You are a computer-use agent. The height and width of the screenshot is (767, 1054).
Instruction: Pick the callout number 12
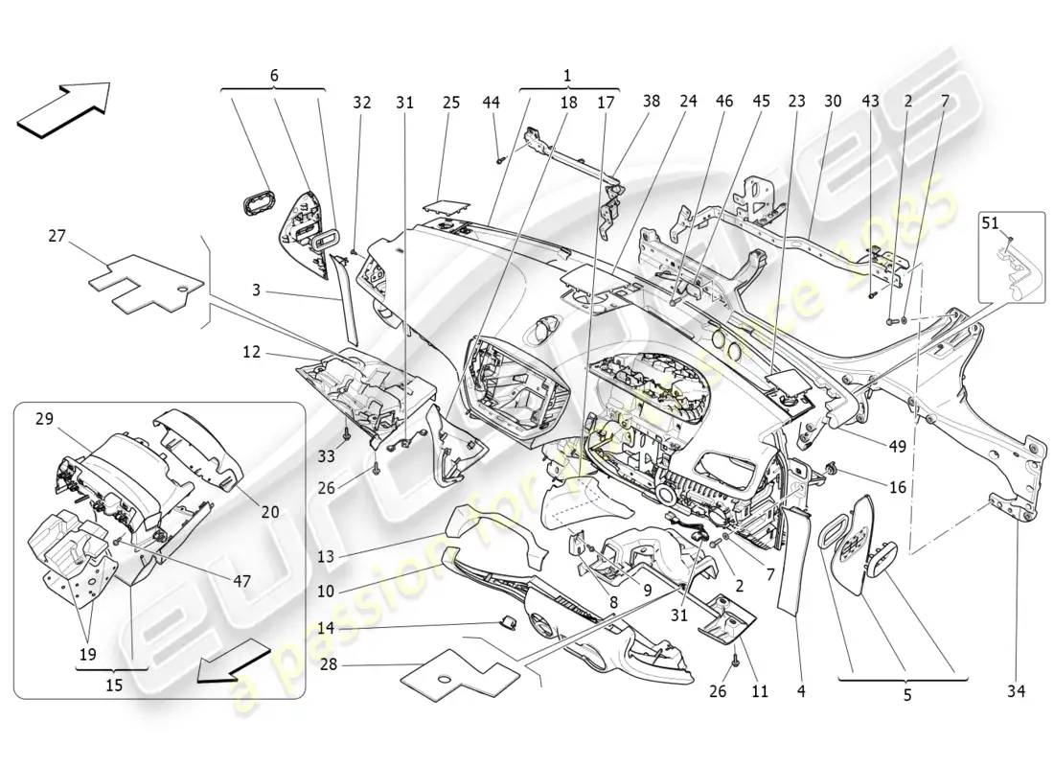click(250, 353)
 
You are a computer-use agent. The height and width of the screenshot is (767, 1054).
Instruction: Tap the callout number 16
click(897, 487)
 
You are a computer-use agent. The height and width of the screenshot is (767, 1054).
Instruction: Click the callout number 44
click(491, 102)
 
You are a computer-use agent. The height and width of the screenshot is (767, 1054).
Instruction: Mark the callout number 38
click(652, 102)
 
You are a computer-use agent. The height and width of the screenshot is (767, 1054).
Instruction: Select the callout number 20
click(269, 512)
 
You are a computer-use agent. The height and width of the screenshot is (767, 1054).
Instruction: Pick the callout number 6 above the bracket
click(273, 75)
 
